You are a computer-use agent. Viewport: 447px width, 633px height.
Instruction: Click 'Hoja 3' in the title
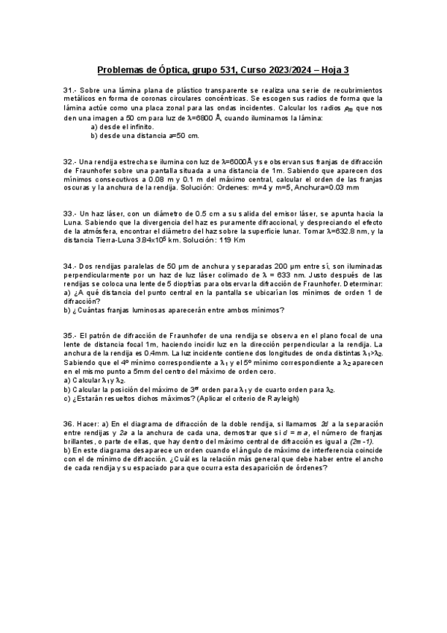click(x=332, y=71)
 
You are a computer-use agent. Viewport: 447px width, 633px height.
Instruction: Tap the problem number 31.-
click(x=70, y=90)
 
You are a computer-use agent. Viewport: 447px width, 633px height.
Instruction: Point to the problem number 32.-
click(x=70, y=162)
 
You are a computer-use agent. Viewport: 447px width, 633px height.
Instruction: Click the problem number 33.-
click(x=70, y=213)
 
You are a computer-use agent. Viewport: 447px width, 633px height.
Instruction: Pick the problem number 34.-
click(x=70, y=266)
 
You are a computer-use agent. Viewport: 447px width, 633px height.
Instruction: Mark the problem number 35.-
click(x=70, y=335)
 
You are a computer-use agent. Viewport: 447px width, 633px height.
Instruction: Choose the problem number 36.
click(x=69, y=422)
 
